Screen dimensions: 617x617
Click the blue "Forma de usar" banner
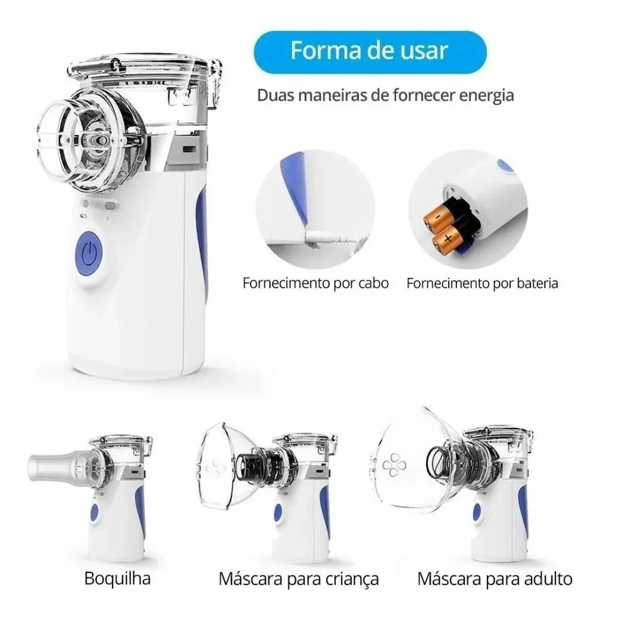pyautogui.click(x=370, y=51)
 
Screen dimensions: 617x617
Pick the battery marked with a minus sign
pyautogui.click(x=437, y=221)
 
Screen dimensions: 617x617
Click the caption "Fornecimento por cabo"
pyautogui.click(x=315, y=283)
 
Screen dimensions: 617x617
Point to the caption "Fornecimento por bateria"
pyautogui.click(x=482, y=283)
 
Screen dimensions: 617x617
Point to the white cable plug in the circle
pyautogui.click(x=323, y=237)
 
